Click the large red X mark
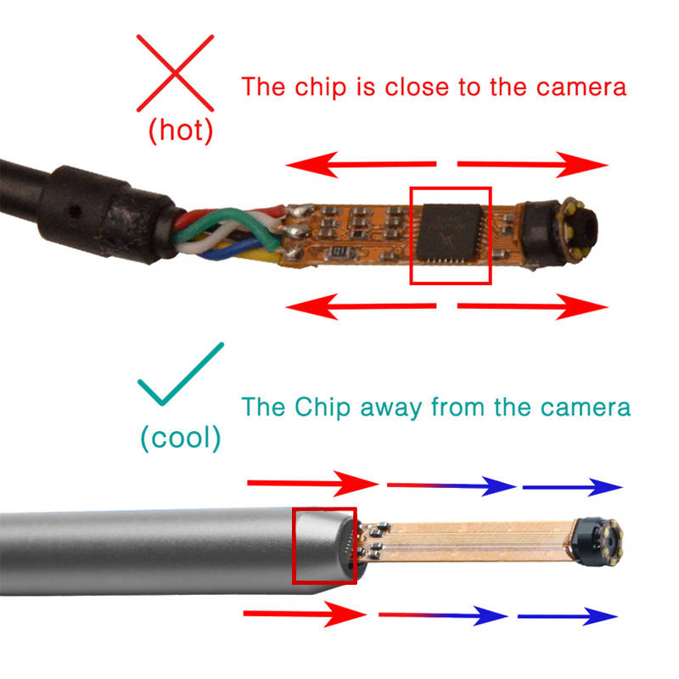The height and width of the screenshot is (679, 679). pyautogui.click(x=175, y=73)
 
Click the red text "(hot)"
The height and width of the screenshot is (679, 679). pyautogui.click(x=181, y=131)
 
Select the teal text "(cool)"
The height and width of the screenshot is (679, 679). pyautogui.click(x=181, y=438)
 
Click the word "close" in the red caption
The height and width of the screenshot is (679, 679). pyautogui.click(x=418, y=87)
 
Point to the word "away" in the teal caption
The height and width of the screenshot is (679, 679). pyautogui.click(x=391, y=408)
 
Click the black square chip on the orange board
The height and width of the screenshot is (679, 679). pyautogui.click(x=450, y=233)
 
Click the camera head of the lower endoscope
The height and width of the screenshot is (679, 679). pyautogui.click(x=597, y=542)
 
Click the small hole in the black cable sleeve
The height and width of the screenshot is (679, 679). pyautogui.click(x=75, y=211)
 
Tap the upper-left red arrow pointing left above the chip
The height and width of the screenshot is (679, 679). pyautogui.click(x=361, y=165)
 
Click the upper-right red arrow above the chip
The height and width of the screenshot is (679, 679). pyautogui.click(x=533, y=165)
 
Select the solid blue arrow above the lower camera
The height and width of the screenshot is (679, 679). pyautogui.click(x=572, y=487)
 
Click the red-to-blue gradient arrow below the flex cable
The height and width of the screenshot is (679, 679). pyautogui.click(x=443, y=615)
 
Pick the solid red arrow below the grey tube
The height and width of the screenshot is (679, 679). pyautogui.click(x=305, y=614)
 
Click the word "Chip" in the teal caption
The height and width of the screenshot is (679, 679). pyautogui.click(x=323, y=408)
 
